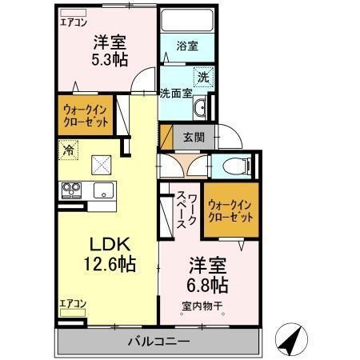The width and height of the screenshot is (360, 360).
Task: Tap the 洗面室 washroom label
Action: coord(175,92)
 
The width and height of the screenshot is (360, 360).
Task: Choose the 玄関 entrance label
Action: coord(192,136)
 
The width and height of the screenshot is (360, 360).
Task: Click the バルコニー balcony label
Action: coord(158,342)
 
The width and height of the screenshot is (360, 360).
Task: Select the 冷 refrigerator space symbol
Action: coord(70,150)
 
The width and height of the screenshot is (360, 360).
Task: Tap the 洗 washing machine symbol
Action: coord(203,77)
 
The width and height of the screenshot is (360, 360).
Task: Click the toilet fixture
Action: coord(238,166)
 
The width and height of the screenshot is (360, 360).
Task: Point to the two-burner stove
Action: coord(71,191)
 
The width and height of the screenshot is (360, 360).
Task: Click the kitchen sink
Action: coord(102,191)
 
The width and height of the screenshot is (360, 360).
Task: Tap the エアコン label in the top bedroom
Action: coord(73,22)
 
